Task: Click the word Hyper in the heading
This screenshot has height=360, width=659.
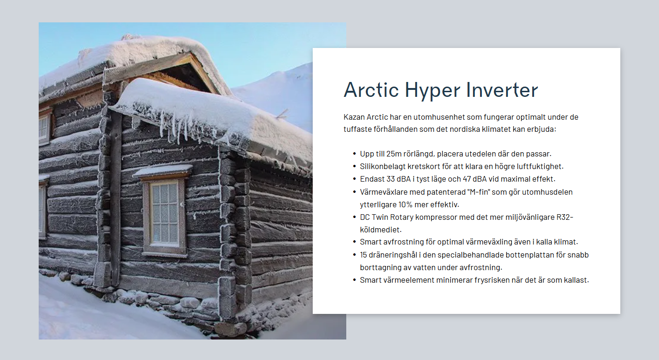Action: tap(432, 90)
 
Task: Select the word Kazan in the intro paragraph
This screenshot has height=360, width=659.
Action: tap(354, 117)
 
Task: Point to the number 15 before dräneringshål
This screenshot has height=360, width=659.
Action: tap(364, 255)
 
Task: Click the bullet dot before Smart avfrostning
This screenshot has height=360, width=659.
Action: tap(354, 242)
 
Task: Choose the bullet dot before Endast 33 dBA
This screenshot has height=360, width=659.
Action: tap(354, 179)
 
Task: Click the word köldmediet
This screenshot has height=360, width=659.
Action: tap(381, 230)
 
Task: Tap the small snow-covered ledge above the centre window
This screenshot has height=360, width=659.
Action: tap(162, 170)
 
